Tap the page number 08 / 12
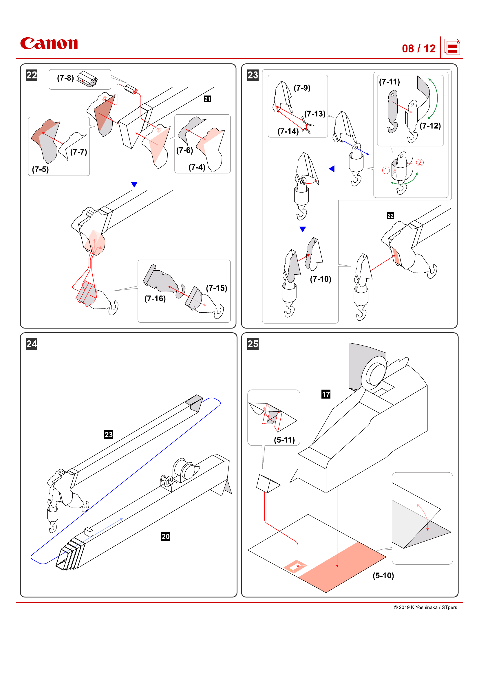click(x=418, y=49)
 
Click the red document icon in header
click(x=452, y=47)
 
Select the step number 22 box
click(x=32, y=75)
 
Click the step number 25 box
click(x=253, y=344)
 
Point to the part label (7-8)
click(x=65, y=78)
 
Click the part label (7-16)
click(x=155, y=299)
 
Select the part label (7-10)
click(x=321, y=279)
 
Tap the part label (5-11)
click(x=284, y=440)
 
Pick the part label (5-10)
click(x=383, y=576)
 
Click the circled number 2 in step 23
click(x=420, y=162)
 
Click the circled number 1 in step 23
click(x=386, y=170)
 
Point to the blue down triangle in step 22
click(x=134, y=184)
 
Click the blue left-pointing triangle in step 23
click(x=332, y=169)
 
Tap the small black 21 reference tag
click(x=207, y=99)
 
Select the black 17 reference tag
click(x=326, y=394)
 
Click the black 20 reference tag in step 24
click(x=166, y=536)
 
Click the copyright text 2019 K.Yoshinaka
click(x=425, y=608)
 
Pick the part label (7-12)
click(x=430, y=126)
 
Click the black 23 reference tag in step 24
click(x=109, y=434)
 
